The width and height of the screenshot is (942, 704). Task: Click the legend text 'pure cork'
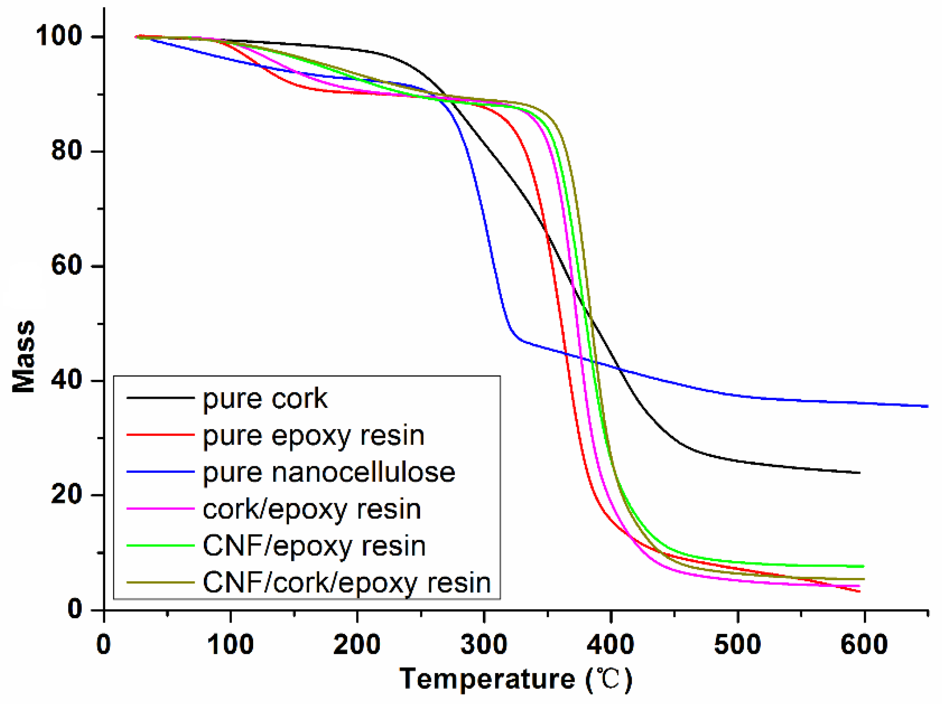tap(265, 399)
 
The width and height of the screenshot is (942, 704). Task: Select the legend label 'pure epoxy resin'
tap(314, 435)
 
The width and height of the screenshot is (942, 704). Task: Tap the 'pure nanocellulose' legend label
tap(329, 472)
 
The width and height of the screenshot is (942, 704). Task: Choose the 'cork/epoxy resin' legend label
tap(312, 509)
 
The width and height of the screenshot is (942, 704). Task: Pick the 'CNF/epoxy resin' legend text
tap(314, 546)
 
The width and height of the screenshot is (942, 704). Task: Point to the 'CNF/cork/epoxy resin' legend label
tap(346, 582)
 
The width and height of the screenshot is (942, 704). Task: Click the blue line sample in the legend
tap(160, 472)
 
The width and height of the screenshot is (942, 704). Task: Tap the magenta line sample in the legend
tap(160, 508)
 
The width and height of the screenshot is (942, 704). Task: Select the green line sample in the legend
tap(160, 545)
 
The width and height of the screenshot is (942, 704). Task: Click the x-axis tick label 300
tap(484, 644)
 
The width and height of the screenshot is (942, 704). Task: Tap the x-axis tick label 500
tap(737, 644)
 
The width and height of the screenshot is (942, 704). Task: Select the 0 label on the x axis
tap(104, 644)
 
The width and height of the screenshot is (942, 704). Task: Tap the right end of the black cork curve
tap(859, 472)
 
